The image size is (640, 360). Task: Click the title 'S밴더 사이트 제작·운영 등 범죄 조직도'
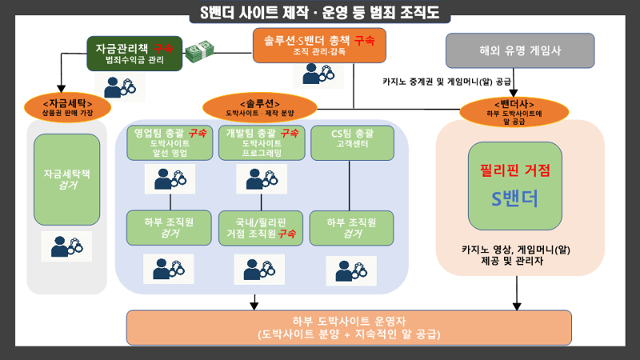pyautogui.click(x=320, y=14)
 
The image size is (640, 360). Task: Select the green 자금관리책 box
pyautogui.click(x=135, y=54)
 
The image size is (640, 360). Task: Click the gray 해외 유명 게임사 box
pyautogui.click(x=519, y=50)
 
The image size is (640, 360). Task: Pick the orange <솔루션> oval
pyautogui.click(x=260, y=107)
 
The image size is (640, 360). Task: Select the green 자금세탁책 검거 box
pyautogui.click(x=67, y=179)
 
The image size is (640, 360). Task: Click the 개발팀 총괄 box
pyautogui.click(x=262, y=142)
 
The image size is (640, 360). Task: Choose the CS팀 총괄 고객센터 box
pyautogui.click(x=352, y=142)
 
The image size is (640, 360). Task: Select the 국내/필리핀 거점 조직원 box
pyautogui.click(x=262, y=227)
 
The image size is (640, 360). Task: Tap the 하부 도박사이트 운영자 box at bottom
pyautogui.click(x=349, y=326)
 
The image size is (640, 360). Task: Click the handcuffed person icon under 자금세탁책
pyautogui.click(x=66, y=246)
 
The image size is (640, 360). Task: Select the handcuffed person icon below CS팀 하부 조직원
pyautogui.click(x=350, y=270)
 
